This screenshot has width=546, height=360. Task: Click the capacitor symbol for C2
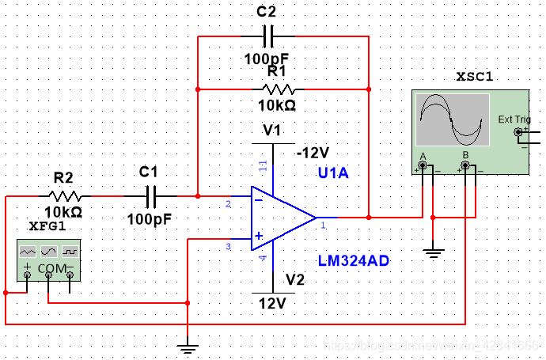pyautogui.click(x=267, y=36)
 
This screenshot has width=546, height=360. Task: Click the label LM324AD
pyautogui.click(x=354, y=260)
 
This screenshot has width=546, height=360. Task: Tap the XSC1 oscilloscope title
pyautogui.click(x=475, y=77)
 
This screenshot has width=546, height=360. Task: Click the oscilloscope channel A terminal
pyautogui.click(x=423, y=166)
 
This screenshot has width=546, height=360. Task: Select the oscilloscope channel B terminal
pyautogui.click(x=465, y=166)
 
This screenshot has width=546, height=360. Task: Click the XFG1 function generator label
pyautogui.click(x=47, y=226)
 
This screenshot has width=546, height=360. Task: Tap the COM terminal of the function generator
pyautogui.click(x=49, y=275)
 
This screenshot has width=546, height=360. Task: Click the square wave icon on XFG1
pyautogui.click(x=71, y=250)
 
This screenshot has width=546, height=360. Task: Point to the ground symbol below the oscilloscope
pyautogui.click(x=433, y=252)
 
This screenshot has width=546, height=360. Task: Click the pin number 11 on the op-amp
pyautogui.click(x=264, y=165)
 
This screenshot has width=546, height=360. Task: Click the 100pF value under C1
pyautogui.click(x=149, y=218)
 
